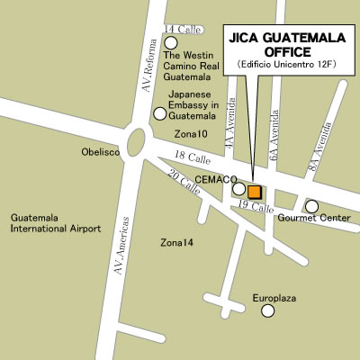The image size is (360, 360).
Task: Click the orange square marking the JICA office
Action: click(x=254, y=191)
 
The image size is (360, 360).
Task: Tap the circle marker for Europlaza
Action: click(x=267, y=310)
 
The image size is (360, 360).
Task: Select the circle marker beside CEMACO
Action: click(x=238, y=189)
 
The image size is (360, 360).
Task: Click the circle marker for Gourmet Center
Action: click(x=311, y=206)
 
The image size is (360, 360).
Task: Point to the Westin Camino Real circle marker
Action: click(x=170, y=42)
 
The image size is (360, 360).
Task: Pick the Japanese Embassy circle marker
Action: click(x=159, y=113)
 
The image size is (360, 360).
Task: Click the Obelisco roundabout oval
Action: click(x=138, y=141)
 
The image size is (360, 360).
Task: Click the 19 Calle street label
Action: click(x=256, y=208)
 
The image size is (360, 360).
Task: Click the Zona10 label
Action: click(x=190, y=134)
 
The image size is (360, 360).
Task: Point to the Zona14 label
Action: click(x=176, y=243)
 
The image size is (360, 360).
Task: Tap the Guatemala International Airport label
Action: click(x=55, y=223)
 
